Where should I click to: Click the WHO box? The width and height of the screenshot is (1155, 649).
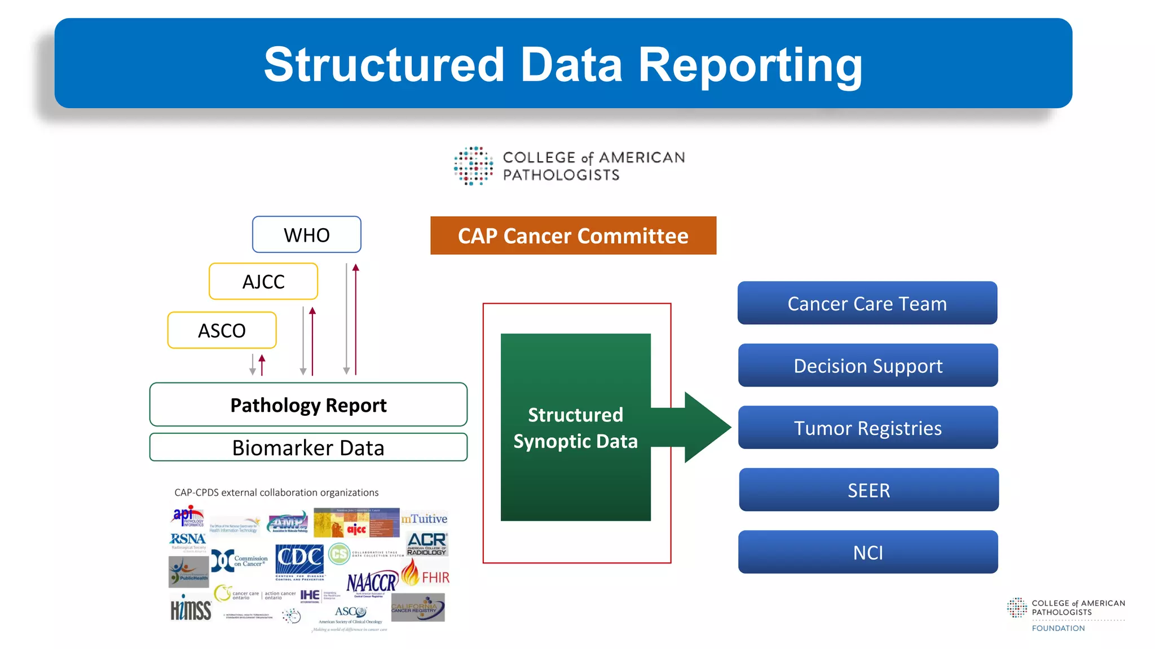click(306, 234)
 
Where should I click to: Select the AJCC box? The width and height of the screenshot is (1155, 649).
click(263, 281)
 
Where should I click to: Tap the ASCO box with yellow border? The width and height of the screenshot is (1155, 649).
click(222, 330)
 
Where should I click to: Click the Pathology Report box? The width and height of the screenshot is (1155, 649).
click(308, 404)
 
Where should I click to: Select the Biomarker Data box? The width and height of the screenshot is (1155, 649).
click(308, 447)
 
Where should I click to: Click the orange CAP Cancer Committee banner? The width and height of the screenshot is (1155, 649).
click(573, 235)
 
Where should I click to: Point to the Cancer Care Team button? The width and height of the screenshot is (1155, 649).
click(867, 303)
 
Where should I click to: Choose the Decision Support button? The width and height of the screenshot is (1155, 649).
click(867, 366)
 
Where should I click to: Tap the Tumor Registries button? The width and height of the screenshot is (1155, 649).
click(867, 428)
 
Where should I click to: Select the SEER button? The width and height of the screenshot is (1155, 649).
click(869, 490)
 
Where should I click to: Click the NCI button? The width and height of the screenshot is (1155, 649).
click(867, 552)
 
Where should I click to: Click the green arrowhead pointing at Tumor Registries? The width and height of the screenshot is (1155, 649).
click(707, 428)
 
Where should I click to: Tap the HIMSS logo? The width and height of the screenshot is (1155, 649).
click(191, 609)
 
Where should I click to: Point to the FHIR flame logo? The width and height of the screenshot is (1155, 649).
click(410, 572)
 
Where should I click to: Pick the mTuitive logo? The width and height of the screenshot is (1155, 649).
click(424, 518)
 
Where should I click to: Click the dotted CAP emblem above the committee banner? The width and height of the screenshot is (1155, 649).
click(473, 166)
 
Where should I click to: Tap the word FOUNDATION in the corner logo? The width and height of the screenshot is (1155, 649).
click(1058, 628)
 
